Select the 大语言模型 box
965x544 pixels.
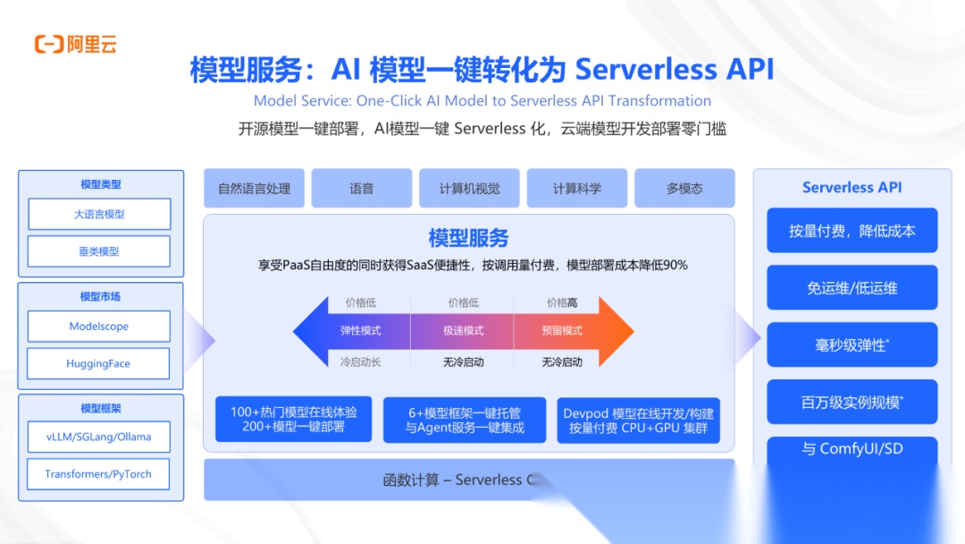[98, 215]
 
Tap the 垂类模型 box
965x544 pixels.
[98, 251]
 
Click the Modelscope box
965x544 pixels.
[98, 327]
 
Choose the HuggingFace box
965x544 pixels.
[98, 364]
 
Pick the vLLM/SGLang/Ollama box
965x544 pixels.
[98, 437]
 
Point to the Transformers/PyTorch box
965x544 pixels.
[98, 474]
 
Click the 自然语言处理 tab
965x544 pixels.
[254, 189]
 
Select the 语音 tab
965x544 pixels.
[362, 189]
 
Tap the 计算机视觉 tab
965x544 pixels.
[469, 189]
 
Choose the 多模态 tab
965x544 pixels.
[684, 189]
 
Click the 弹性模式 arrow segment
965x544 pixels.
[357, 331]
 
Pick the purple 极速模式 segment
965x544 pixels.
[462, 331]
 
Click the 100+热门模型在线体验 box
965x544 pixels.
[293, 420]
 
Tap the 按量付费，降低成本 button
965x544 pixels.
[852, 231]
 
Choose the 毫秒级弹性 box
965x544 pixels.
[852, 345]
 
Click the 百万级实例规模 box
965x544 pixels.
[852, 403]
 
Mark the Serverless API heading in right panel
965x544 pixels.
[852, 188]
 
